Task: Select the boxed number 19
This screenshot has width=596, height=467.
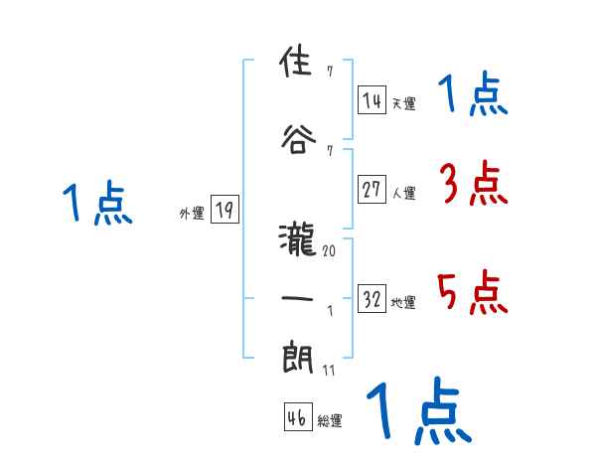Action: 223,210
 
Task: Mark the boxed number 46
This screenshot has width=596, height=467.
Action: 296,418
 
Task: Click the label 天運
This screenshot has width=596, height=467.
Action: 403,103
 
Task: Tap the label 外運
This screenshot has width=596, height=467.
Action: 191,213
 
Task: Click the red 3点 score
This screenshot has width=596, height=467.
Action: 473,184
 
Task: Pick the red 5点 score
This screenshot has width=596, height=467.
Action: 473,292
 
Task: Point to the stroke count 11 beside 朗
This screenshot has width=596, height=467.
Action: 329,371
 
